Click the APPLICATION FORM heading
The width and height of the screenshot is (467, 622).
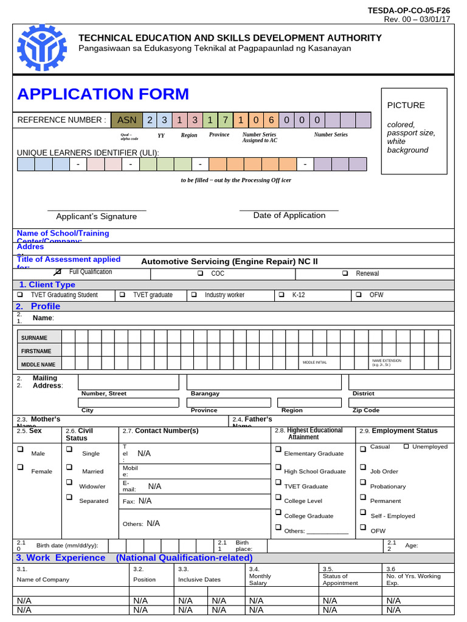(103, 94)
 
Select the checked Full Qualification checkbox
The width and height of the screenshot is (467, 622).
(58, 272)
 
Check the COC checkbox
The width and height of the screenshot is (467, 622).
(200, 273)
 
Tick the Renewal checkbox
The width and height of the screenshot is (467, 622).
(345, 273)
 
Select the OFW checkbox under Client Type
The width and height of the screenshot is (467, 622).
(358, 295)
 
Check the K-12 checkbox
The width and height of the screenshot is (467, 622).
(281, 295)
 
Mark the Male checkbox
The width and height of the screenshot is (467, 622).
(20, 450)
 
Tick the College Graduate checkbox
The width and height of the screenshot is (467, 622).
(278, 513)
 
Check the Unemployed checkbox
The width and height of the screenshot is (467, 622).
(406, 447)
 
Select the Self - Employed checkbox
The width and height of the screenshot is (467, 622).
(362, 513)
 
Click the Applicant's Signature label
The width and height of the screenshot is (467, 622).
(96, 217)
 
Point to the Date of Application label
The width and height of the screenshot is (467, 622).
(289, 216)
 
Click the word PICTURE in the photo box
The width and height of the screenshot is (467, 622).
(406, 105)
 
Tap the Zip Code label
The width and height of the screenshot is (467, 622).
(365, 411)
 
